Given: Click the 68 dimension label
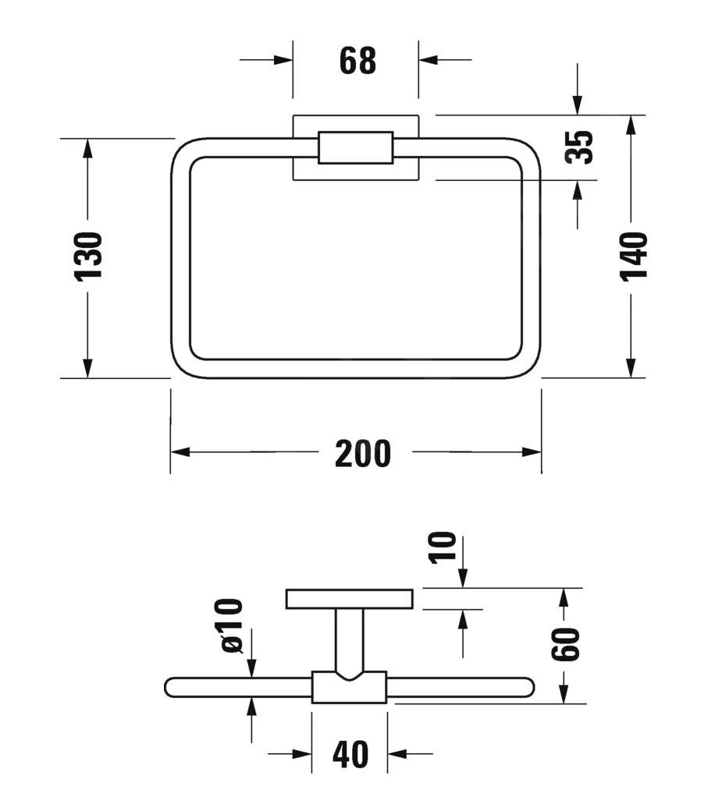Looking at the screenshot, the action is tap(357, 61).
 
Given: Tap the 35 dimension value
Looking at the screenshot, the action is tap(579, 147).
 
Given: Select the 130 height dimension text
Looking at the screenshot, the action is tap(88, 257).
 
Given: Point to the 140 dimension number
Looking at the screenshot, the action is tap(634, 257).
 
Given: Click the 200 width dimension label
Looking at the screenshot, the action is tap(362, 454).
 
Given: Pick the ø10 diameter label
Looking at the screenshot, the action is tap(231, 626).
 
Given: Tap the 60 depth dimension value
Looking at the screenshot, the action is tap(565, 643).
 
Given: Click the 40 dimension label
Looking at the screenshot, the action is tap(350, 755).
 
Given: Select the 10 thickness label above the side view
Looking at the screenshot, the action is tap(443, 547).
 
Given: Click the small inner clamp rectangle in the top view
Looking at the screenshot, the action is tap(355, 148).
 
